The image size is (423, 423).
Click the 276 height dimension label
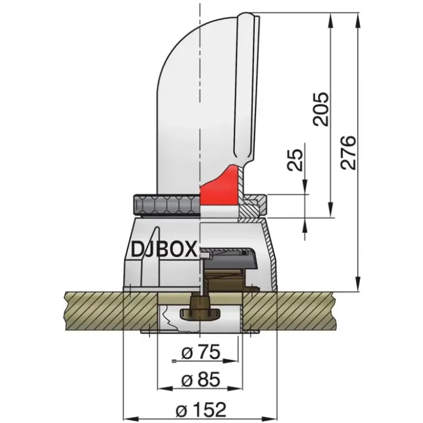348,153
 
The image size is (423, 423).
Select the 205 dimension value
321,109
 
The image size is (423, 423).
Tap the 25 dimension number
294,159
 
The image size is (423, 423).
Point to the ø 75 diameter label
201,352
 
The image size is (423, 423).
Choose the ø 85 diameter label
201,380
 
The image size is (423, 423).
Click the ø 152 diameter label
201,409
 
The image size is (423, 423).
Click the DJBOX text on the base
163,249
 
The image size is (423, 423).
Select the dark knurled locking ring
167,205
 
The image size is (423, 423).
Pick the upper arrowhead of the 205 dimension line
331,20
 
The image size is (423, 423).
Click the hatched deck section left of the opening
111,312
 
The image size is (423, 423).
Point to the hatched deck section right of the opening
289,312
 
